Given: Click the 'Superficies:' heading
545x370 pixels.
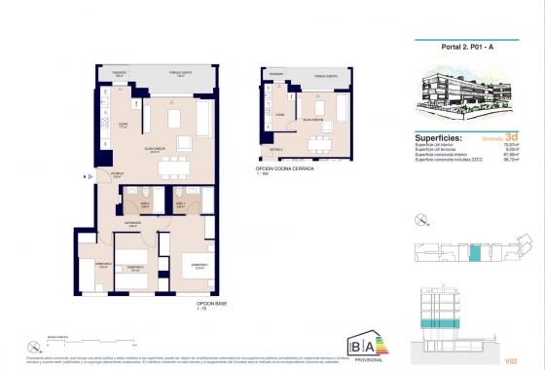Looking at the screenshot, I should (x=435, y=138).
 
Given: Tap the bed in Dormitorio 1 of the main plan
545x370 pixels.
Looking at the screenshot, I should (x=201, y=267).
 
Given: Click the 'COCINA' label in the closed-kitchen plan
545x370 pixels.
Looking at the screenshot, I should (x=279, y=115).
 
